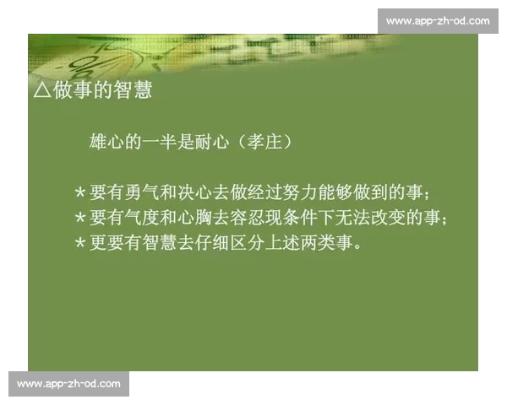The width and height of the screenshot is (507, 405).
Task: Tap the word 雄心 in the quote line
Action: pyautogui.click(x=106, y=143)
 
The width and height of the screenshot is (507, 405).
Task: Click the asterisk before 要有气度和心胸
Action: pyautogui.click(x=79, y=218)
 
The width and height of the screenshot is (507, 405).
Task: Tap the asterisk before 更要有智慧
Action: pyautogui.click(x=79, y=244)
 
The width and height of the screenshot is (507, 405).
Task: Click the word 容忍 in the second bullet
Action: pyautogui.click(x=253, y=218)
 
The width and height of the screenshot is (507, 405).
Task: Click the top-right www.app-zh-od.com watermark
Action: pyautogui.click(x=437, y=20)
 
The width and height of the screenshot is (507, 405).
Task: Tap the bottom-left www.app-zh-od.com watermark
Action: pyautogui.click(x=68, y=384)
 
